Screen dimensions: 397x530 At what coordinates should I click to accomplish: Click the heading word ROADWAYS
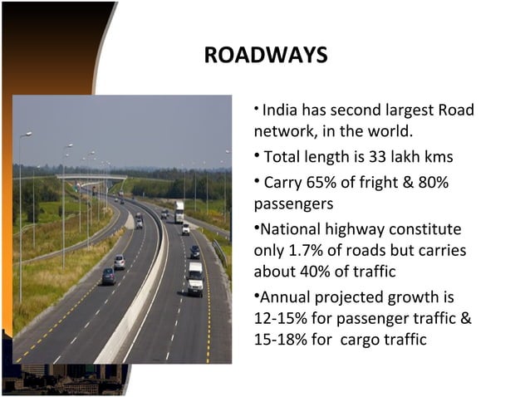pos(265,56)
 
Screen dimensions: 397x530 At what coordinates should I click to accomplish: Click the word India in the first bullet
pos(280,110)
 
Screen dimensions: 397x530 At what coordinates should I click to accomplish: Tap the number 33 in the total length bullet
pos(390,156)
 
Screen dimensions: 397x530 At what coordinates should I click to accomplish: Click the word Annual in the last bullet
pos(287,297)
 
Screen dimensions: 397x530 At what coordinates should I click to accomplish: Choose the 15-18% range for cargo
pos(282,339)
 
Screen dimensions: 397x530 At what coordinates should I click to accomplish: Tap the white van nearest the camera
pos(195,279)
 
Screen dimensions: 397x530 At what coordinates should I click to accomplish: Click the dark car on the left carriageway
pos(108,277)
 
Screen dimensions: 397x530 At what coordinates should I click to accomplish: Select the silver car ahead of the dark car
pos(120,262)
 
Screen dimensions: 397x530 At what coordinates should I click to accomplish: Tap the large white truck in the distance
pos(179,212)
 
